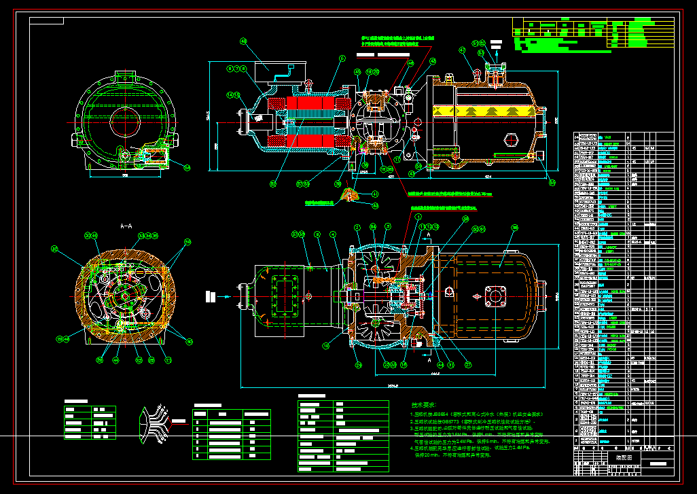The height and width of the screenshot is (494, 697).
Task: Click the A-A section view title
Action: point(126,225)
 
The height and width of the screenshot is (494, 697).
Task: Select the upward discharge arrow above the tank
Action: point(496,46)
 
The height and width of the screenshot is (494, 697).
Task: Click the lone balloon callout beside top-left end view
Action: point(187,167)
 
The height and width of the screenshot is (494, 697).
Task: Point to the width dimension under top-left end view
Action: point(125,175)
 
